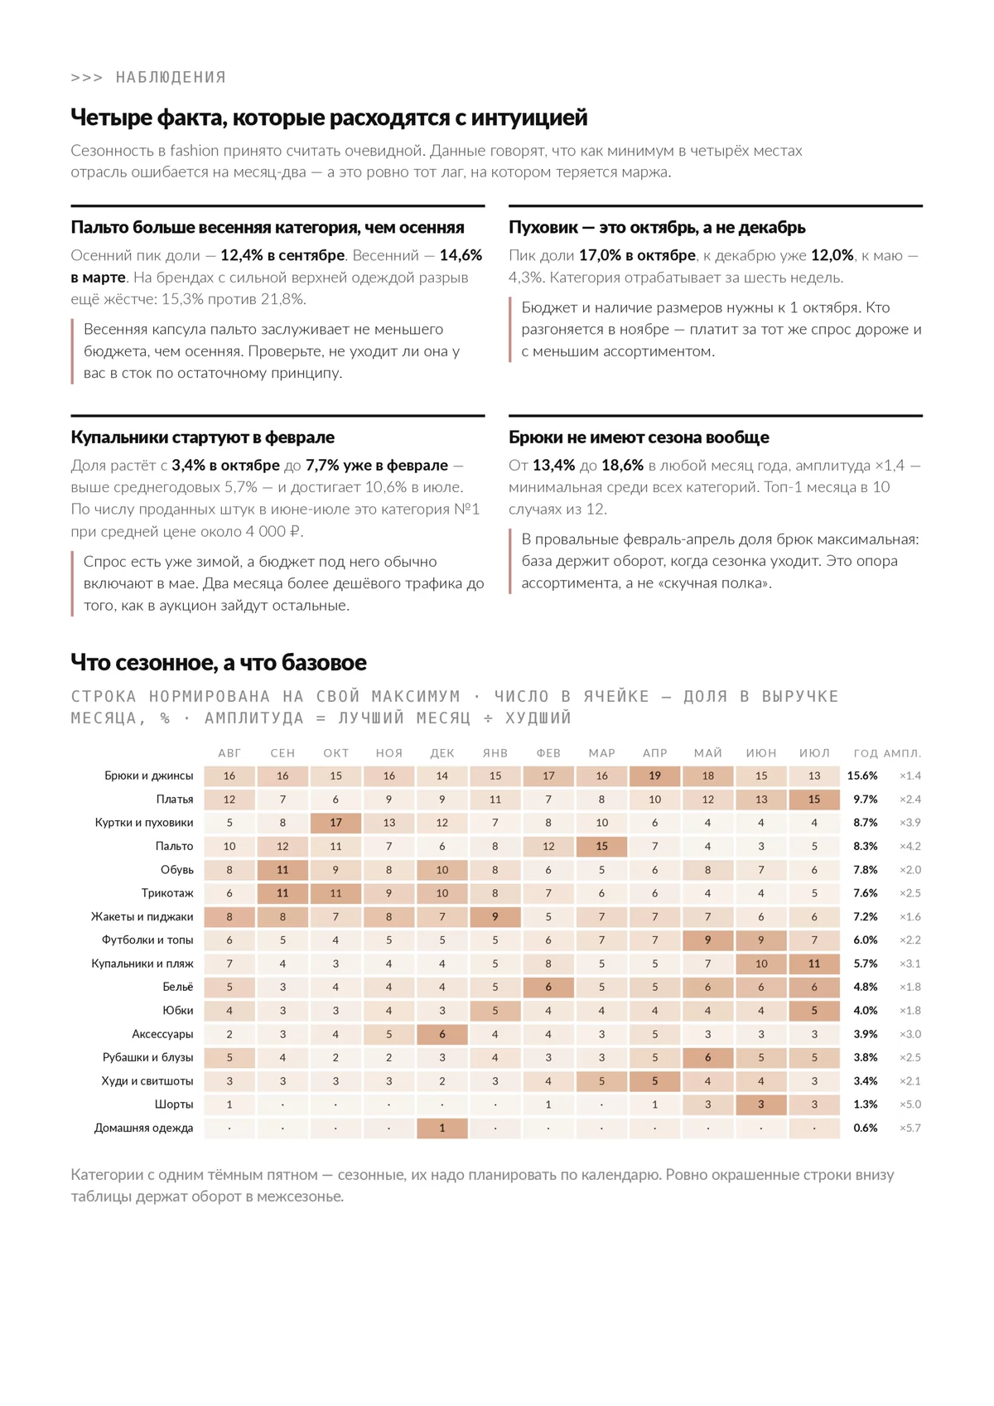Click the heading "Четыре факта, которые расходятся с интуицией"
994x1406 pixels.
tap(329, 118)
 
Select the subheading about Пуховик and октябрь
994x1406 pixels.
tap(656, 227)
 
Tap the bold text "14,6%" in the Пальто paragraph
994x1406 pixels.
tap(461, 255)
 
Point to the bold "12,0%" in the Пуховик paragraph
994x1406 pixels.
tap(832, 255)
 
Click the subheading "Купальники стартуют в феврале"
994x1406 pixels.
tap(202, 437)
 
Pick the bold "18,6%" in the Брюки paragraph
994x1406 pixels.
tap(622, 465)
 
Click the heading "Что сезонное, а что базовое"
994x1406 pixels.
tap(219, 662)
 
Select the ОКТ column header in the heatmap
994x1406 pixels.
tap(335, 753)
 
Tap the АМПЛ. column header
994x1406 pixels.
tap(902, 753)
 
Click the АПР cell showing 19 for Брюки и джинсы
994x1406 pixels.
tap(654, 775)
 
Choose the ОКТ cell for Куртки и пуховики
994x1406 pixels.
tap(335, 823)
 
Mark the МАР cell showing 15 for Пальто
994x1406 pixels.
tap(601, 846)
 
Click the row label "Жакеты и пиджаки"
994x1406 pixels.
tap(142, 917)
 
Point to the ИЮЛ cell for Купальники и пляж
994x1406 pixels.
tap(814, 964)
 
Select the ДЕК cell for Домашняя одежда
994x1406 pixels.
tap(442, 1128)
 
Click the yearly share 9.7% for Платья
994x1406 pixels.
tap(865, 800)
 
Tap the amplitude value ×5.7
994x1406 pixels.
tap(910, 1128)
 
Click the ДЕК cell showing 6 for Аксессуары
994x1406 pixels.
tap(442, 1035)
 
